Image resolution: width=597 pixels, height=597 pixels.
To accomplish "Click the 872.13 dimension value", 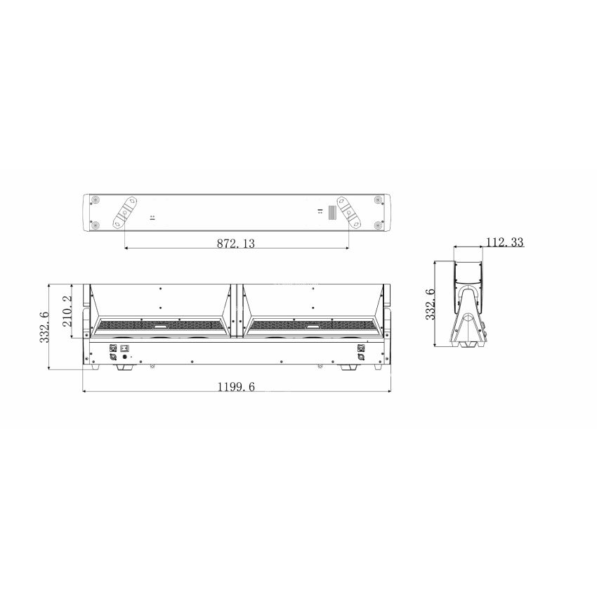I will tap(235, 243).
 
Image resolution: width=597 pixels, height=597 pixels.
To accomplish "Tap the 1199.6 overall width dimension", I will tap(235, 387).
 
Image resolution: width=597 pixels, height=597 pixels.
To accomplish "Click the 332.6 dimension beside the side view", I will tap(430, 304).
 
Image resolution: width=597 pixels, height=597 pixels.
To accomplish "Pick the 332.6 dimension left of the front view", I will tap(44, 327).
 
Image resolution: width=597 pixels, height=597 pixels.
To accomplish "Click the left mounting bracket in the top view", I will tap(127, 211).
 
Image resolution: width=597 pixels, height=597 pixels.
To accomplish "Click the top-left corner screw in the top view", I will tap(95, 199).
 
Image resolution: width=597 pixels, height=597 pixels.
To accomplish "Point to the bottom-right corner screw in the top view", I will tap(379, 225).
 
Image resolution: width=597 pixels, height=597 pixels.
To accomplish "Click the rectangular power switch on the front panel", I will tap(126, 348).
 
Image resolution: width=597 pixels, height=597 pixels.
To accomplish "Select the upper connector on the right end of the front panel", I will tap(362, 348).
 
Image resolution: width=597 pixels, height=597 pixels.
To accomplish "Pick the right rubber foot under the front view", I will tap(348, 367).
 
